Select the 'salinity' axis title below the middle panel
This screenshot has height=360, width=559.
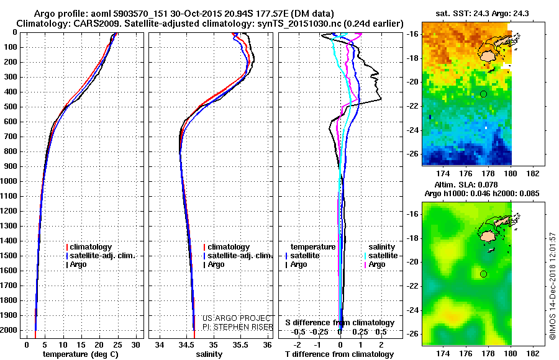coord(208,354)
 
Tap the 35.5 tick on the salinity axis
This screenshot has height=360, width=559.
coord(241,344)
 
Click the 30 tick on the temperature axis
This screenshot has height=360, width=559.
coord(136,344)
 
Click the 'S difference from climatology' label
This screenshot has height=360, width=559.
coord(339,323)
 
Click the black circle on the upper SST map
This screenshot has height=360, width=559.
coord(483,94)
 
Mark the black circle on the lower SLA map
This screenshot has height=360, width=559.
coord(483,274)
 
